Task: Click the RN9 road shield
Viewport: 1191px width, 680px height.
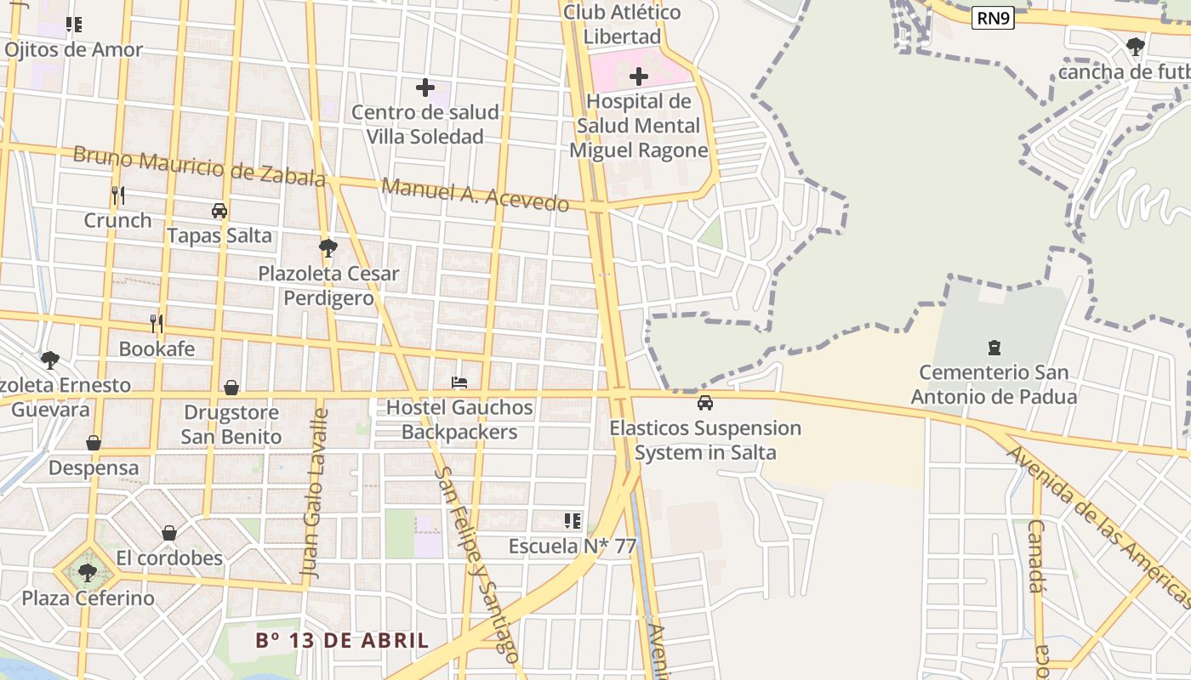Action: (993, 18)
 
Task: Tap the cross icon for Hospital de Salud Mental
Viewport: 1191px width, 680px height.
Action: (639, 77)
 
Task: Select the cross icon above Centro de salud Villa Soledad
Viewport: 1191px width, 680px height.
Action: (425, 87)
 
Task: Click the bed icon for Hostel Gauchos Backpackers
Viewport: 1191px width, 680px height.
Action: (459, 382)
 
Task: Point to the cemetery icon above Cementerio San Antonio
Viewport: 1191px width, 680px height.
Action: (994, 347)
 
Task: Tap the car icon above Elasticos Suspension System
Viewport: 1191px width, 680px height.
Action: (705, 403)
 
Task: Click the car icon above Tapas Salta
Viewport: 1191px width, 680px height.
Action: (219, 211)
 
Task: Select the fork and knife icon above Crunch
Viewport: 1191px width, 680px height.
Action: (118, 195)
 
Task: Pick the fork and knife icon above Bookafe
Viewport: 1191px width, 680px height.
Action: (157, 323)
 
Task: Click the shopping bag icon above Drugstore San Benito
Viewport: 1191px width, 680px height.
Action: (231, 388)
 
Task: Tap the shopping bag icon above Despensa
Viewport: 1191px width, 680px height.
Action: (94, 443)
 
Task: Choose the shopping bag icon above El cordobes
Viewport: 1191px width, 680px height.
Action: (169, 533)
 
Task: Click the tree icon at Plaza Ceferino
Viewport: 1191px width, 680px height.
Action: (87, 572)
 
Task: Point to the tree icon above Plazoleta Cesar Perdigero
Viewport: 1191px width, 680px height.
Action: (328, 248)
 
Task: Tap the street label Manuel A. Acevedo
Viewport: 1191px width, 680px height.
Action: (476, 195)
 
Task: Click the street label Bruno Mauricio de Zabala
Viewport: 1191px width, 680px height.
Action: (199, 166)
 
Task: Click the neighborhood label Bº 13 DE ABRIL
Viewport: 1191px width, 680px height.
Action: (342, 640)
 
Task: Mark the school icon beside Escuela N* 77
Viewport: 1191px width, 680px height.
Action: (573, 520)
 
